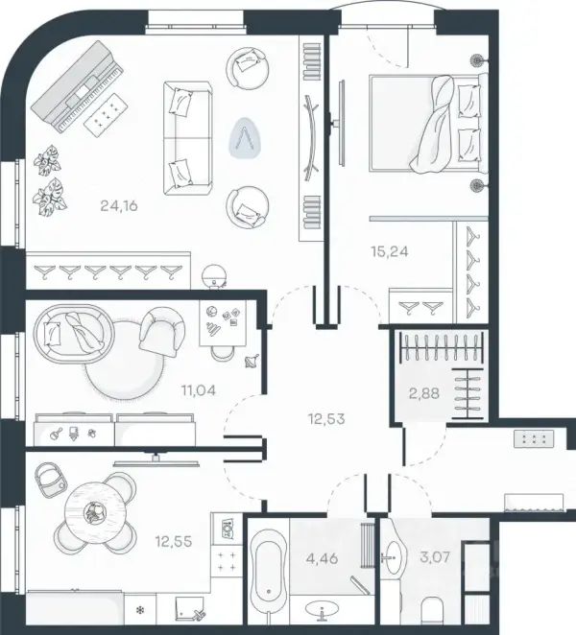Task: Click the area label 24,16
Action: [x=119, y=205]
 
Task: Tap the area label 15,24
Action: [x=390, y=251]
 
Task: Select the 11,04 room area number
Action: [x=198, y=390]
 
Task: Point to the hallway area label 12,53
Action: [x=326, y=419]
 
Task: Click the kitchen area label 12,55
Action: [x=174, y=541]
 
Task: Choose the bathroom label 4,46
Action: [x=323, y=558]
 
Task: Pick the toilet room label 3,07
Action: [x=435, y=557]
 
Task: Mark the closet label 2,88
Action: [x=424, y=393]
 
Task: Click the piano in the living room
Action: [x=77, y=87]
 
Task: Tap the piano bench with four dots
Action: [x=107, y=114]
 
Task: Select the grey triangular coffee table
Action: [x=245, y=137]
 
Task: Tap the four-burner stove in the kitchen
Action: [x=227, y=560]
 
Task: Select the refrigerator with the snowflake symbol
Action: [x=140, y=609]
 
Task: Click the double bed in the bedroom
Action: [x=428, y=123]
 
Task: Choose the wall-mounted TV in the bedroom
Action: [x=342, y=123]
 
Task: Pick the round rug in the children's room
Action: [x=125, y=360]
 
